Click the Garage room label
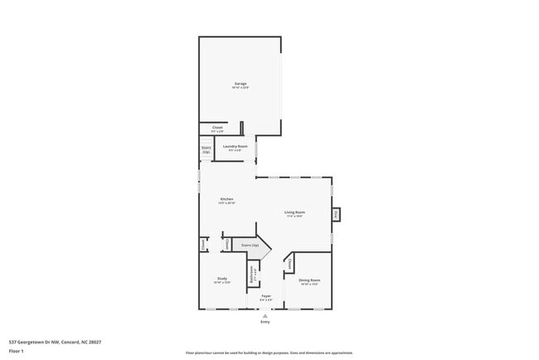click(240, 83)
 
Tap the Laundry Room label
click(236, 146)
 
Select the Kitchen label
click(226, 198)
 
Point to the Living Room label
click(294, 212)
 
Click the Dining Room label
click(309, 280)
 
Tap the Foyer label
click(266, 295)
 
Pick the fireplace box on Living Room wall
click(336, 214)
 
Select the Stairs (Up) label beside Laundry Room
click(206, 150)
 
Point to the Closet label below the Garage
click(217, 128)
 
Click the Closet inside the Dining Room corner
click(290, 263)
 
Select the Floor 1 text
click(16, 351)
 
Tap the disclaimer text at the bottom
click(269, 353)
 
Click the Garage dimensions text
click(240, 87)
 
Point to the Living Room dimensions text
click(294, 216)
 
